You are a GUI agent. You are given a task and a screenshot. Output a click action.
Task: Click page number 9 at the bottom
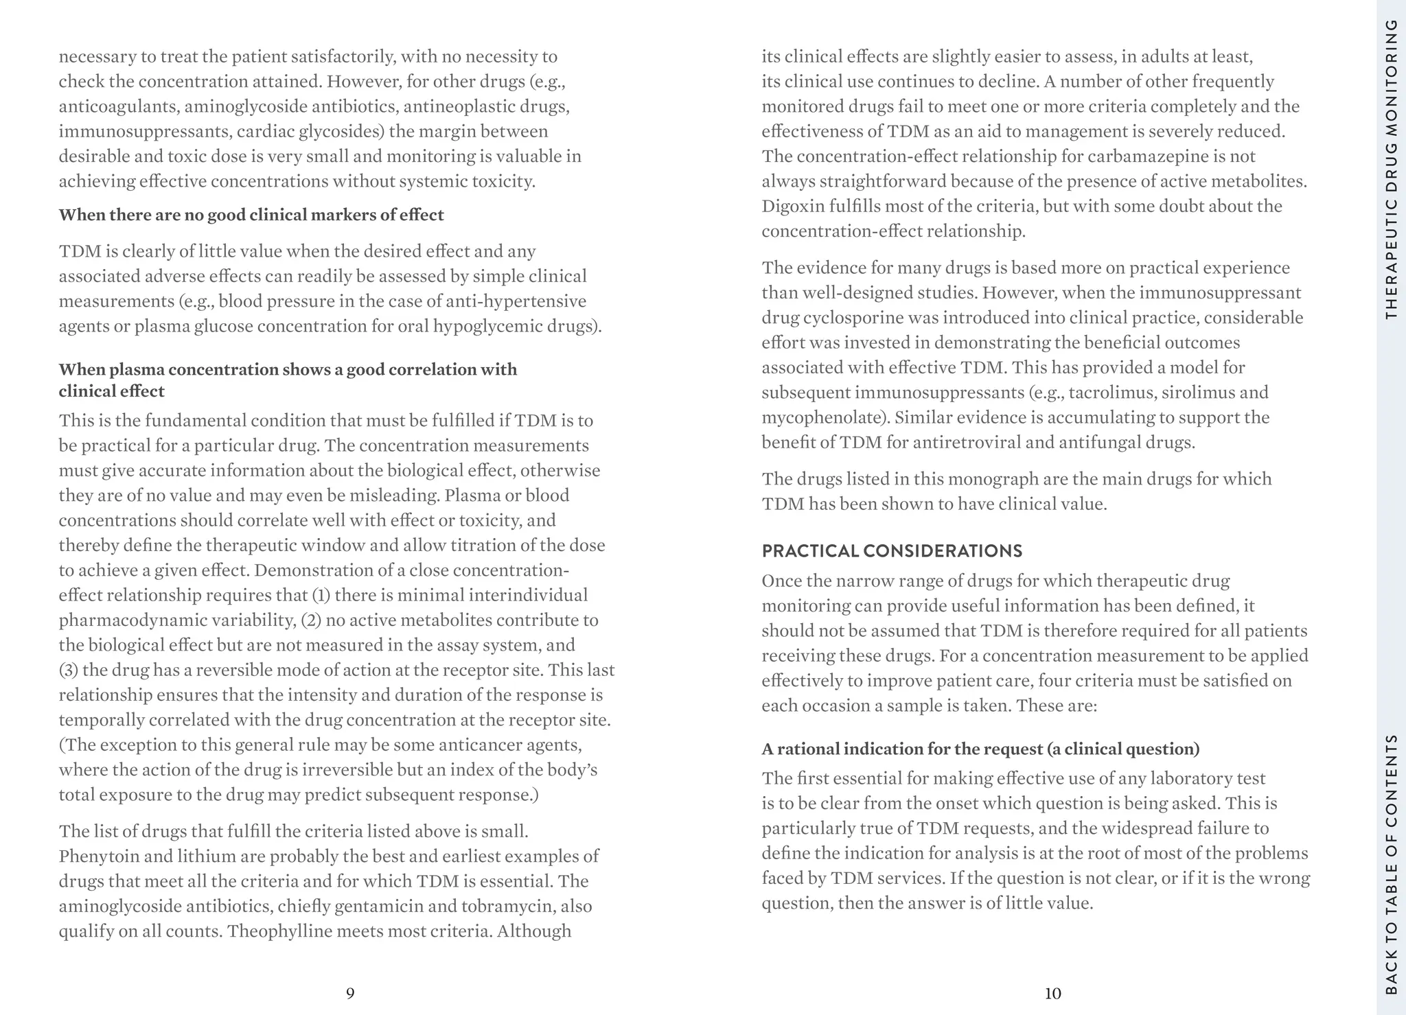(x=350, y=993)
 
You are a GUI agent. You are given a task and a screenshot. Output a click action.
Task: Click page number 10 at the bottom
(x=1052, y=993)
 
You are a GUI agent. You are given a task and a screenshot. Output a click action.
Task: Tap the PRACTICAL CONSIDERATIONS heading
(x=892, y=551)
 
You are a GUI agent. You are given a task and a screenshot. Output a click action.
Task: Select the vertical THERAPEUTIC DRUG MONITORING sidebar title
(x=1392, y=169)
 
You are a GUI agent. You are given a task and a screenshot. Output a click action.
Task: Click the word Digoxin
(x=791, y=207)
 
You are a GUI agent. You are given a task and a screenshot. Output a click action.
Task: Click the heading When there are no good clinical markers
(x=251, y=215)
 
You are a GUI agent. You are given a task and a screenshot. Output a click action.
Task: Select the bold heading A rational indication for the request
(x=980, y=749)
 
